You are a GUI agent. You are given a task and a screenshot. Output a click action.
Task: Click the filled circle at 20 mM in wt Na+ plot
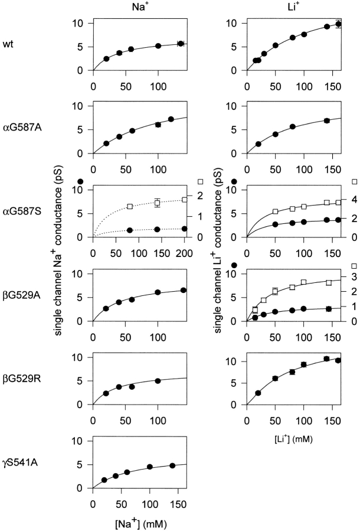pos(106,58)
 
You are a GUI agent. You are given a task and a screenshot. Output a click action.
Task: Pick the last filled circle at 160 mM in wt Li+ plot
pos(338,24)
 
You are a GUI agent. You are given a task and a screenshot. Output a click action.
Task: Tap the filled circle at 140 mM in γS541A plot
pos(172,465)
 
